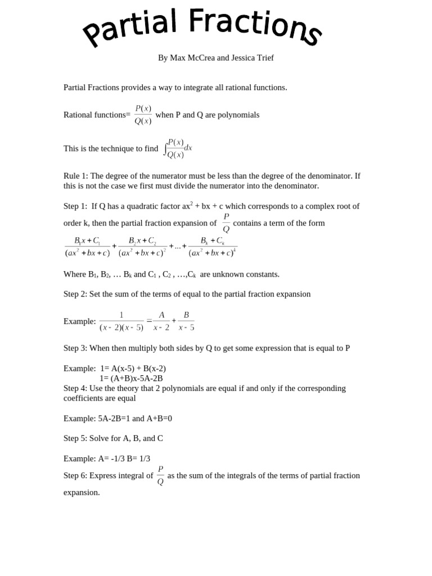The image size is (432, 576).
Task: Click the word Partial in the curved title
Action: (x=130, y=29)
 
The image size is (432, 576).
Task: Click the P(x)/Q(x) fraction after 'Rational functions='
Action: (x=143, y=115)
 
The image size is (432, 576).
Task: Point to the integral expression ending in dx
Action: (x=178, y=148)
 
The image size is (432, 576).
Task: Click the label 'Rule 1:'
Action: (x=76, y=176)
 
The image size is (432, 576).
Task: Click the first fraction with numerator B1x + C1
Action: (x=87, y=247)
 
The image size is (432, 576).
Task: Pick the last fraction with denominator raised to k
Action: (x=213, y=247)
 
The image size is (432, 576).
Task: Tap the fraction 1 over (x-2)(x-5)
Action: (x=121, y=321)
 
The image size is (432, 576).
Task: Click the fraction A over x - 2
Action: (x=161, y=321)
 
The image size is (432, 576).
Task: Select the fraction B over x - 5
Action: (x=186, y=321)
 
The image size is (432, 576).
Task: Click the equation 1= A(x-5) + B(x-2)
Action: (x=133, y=368)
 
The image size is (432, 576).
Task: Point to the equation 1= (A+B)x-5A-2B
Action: (x=131, y=379)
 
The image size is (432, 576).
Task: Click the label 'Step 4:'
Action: (x=75, y=389)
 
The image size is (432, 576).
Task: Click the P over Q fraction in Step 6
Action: (x=160, y=475)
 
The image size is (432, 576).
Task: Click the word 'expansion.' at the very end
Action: (x=82, y=493)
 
